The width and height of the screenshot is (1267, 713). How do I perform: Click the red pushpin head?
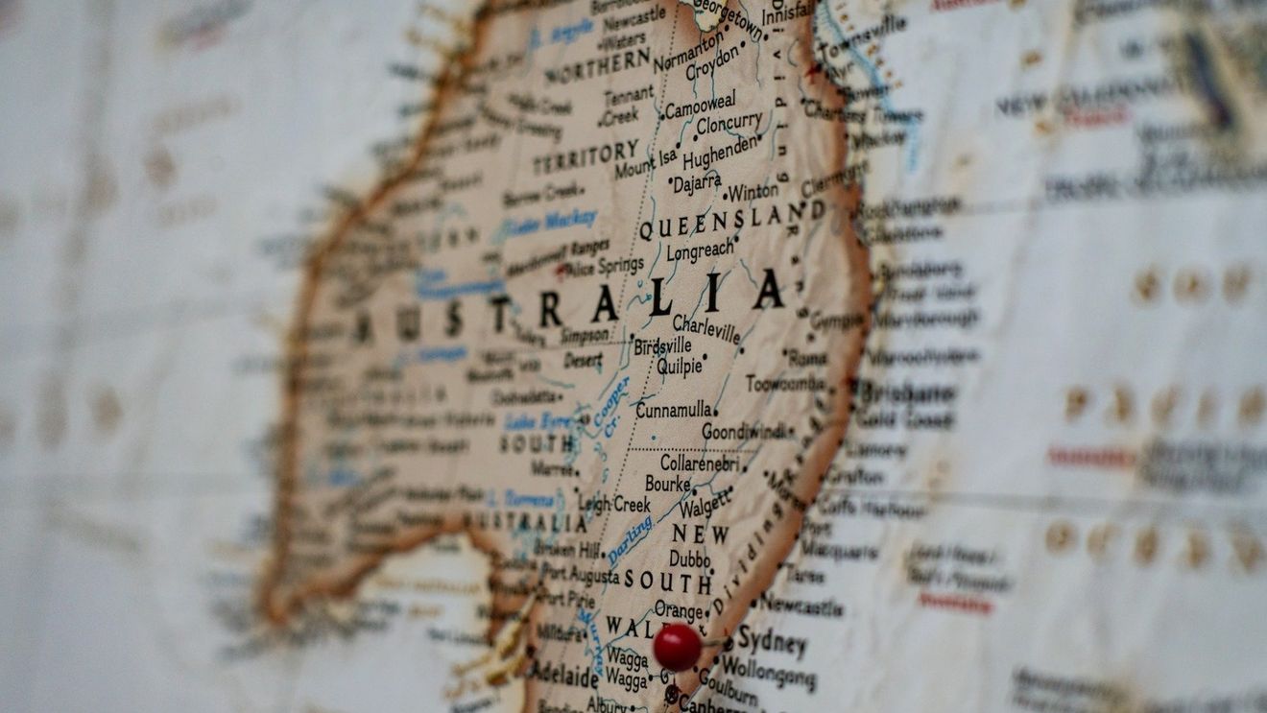[x=677, y=647]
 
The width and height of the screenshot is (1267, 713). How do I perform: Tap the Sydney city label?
[x=770, y=642]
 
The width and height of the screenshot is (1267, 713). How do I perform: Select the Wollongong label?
[x=768, y=671]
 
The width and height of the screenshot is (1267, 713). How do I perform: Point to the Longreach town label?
[x=700, y=251]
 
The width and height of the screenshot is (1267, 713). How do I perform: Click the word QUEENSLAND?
[x=731, y=222]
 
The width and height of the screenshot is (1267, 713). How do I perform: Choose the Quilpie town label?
[x=680, y=367]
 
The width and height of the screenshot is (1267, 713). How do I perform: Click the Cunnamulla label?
[x=674, y=411]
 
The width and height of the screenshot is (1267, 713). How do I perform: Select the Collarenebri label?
[x=700, y=463]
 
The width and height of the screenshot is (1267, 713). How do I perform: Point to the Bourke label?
[x=667, y=484]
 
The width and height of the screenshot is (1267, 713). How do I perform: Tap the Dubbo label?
[x=689, y=559]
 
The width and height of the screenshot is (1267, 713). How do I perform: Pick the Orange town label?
[x=678, y=609]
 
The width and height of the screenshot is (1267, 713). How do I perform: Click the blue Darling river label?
[x=630, y=539]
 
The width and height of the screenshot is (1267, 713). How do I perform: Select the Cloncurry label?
[x=729, y=125]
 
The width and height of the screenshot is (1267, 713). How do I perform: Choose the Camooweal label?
[x=700, y=104]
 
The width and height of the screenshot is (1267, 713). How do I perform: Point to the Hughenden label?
[x=719, y=154]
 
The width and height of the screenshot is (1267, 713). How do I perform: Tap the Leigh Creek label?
[x=614, y=503]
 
